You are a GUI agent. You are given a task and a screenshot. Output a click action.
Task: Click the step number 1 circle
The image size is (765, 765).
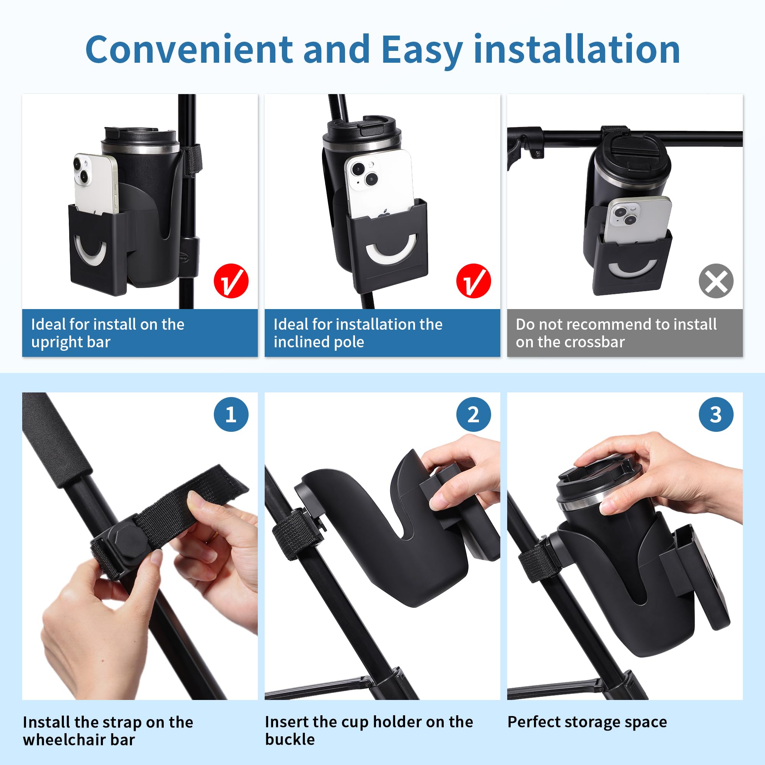coord(231,414)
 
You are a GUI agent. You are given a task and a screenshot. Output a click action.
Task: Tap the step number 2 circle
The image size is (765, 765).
coord(473,414)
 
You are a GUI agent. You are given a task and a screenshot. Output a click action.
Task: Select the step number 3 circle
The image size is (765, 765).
coord(716,414)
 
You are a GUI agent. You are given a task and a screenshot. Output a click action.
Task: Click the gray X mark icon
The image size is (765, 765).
coord(716,281)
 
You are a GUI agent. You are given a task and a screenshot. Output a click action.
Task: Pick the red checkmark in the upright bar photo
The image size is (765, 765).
coord(231,281)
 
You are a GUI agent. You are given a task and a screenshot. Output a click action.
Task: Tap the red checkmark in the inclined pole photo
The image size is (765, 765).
coord(473,281)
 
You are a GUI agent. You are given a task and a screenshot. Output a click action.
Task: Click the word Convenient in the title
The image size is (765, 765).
coord(189,49)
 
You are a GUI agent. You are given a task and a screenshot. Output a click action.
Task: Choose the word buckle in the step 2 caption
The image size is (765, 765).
coord(290,740)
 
